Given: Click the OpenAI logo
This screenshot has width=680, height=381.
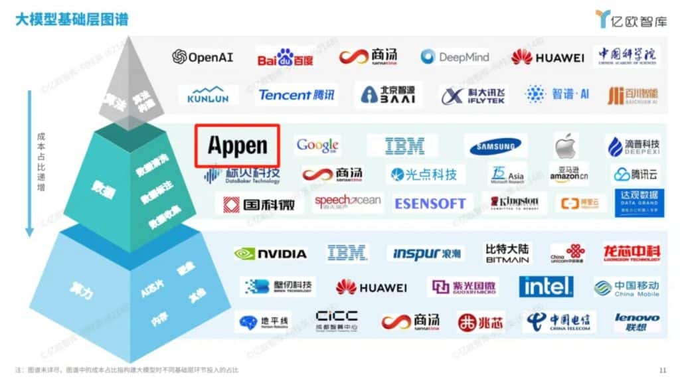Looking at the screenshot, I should [x=203, y=57].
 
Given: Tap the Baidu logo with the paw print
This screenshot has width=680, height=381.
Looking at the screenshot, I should [x=285, y=58].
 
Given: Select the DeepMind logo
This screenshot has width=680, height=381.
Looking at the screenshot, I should [x=455, y=57].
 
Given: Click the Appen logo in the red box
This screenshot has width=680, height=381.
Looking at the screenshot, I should [x=237, y=145].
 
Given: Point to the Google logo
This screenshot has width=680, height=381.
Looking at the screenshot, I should [x=318, y=145].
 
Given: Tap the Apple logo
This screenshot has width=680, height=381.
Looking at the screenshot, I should [x=566, y=145].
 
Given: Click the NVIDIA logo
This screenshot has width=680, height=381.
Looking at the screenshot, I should [x=270, y=253].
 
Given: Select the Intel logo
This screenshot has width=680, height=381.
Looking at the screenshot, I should [x=546, y=287].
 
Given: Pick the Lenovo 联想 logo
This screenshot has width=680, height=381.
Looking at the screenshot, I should [x=636, y=323].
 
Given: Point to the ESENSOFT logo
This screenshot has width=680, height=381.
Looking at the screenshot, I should [x=430, y=204].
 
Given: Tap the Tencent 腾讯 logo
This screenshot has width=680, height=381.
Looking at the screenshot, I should [x=297, y=95].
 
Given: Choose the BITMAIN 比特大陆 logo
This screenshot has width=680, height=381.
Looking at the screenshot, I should [x=507, y=253].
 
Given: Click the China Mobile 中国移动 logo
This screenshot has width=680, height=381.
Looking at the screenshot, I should [x=626, y=287].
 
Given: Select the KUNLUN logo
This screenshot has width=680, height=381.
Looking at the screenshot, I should [x=209, y=96].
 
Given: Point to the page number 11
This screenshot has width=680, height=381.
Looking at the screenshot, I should [x=662, y=370].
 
